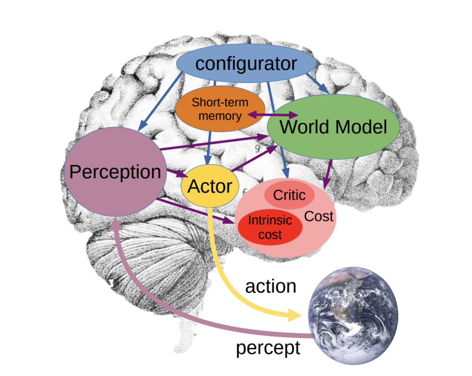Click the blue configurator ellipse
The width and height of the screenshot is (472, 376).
click(x=246, y=64)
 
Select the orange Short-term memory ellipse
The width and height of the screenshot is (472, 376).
click(x=220, y=109)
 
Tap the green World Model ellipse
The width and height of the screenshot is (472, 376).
click(x=333, y=127)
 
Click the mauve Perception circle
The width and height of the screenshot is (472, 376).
click(x=115, y=172)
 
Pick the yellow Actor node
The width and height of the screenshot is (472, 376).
click(x=210, y=186)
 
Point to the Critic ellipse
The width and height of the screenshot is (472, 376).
click(x=289, y=195)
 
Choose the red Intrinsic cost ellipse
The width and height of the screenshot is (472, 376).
click(x=270, y=227)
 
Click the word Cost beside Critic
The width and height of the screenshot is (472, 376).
click(x=319, y=216)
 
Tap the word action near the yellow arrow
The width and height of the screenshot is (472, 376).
click(x=271, y=286)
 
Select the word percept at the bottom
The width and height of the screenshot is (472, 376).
click(x=268, y=348)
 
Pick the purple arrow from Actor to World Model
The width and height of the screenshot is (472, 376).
click(x=256, y=159)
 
